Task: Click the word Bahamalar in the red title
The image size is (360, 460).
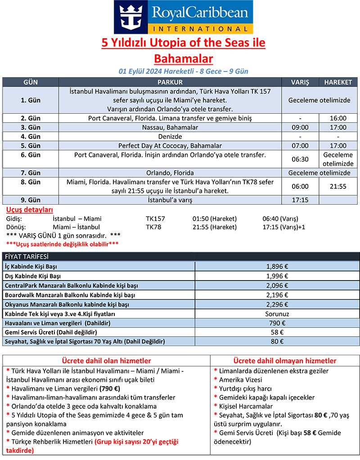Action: coord(183,58)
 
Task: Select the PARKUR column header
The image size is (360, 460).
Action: coord(170,83)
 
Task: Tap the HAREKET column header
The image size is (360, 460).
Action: coord(335,83)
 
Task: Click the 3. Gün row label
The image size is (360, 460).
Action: coord(31,127)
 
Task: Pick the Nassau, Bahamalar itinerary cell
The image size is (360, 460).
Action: coord(170,127)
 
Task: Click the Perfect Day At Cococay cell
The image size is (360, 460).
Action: coord(170,146)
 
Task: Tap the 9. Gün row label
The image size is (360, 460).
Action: coord(31,200)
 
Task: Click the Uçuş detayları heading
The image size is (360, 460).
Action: coord(29,210)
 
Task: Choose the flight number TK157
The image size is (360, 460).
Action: coord(155,219)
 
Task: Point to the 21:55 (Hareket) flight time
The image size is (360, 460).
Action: coord(214,227)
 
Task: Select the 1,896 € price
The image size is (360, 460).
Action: coord(277,266)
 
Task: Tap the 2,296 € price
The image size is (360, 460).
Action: coord(277,304)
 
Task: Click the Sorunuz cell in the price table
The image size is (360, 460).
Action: coord(277,314)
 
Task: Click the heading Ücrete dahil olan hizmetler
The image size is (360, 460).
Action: coord(106,361)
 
